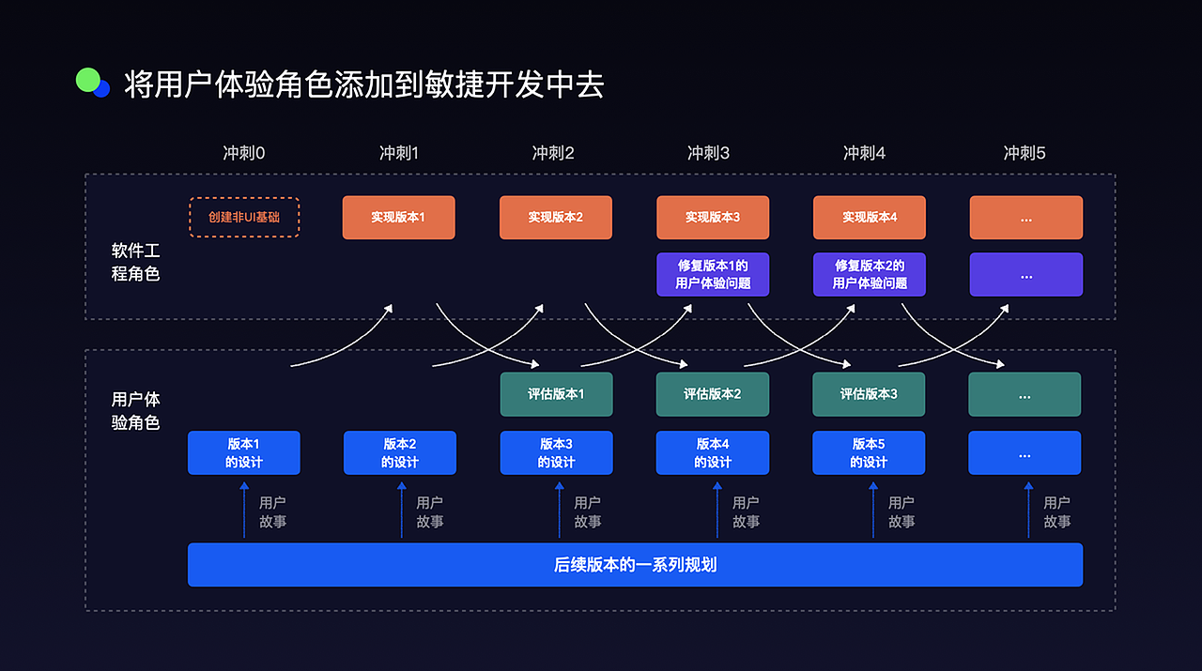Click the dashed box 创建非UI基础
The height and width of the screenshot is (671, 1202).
coord(244,217)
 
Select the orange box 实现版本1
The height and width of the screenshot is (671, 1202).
coord(398,217)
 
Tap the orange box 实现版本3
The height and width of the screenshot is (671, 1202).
coord(713,217)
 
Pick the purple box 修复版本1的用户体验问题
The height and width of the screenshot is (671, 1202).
coord(713,274)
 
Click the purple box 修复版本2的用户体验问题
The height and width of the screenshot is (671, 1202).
coord(870,274)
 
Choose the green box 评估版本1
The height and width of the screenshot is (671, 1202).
coord(556,394)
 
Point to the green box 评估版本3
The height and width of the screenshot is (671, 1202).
coord(869,394)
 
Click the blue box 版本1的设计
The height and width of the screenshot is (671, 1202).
coord(244,452)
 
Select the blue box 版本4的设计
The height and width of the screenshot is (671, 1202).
coord(713,452)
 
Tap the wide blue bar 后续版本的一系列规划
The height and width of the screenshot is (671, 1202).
coord(635,565)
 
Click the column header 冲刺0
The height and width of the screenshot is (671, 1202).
coord(244,153)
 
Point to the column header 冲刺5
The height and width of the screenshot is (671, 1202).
coord(1025,153)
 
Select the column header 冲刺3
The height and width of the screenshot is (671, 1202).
coord(709,153)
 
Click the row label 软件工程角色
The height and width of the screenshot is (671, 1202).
coord(136,263)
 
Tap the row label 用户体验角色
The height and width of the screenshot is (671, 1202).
coord(136,411)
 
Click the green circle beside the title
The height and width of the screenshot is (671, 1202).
coord(87,81)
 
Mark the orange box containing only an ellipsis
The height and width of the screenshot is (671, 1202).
coord(1025,217)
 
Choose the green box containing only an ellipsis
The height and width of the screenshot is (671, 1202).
coord(1025,394)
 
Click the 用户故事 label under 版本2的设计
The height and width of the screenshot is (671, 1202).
coord(430,512)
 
